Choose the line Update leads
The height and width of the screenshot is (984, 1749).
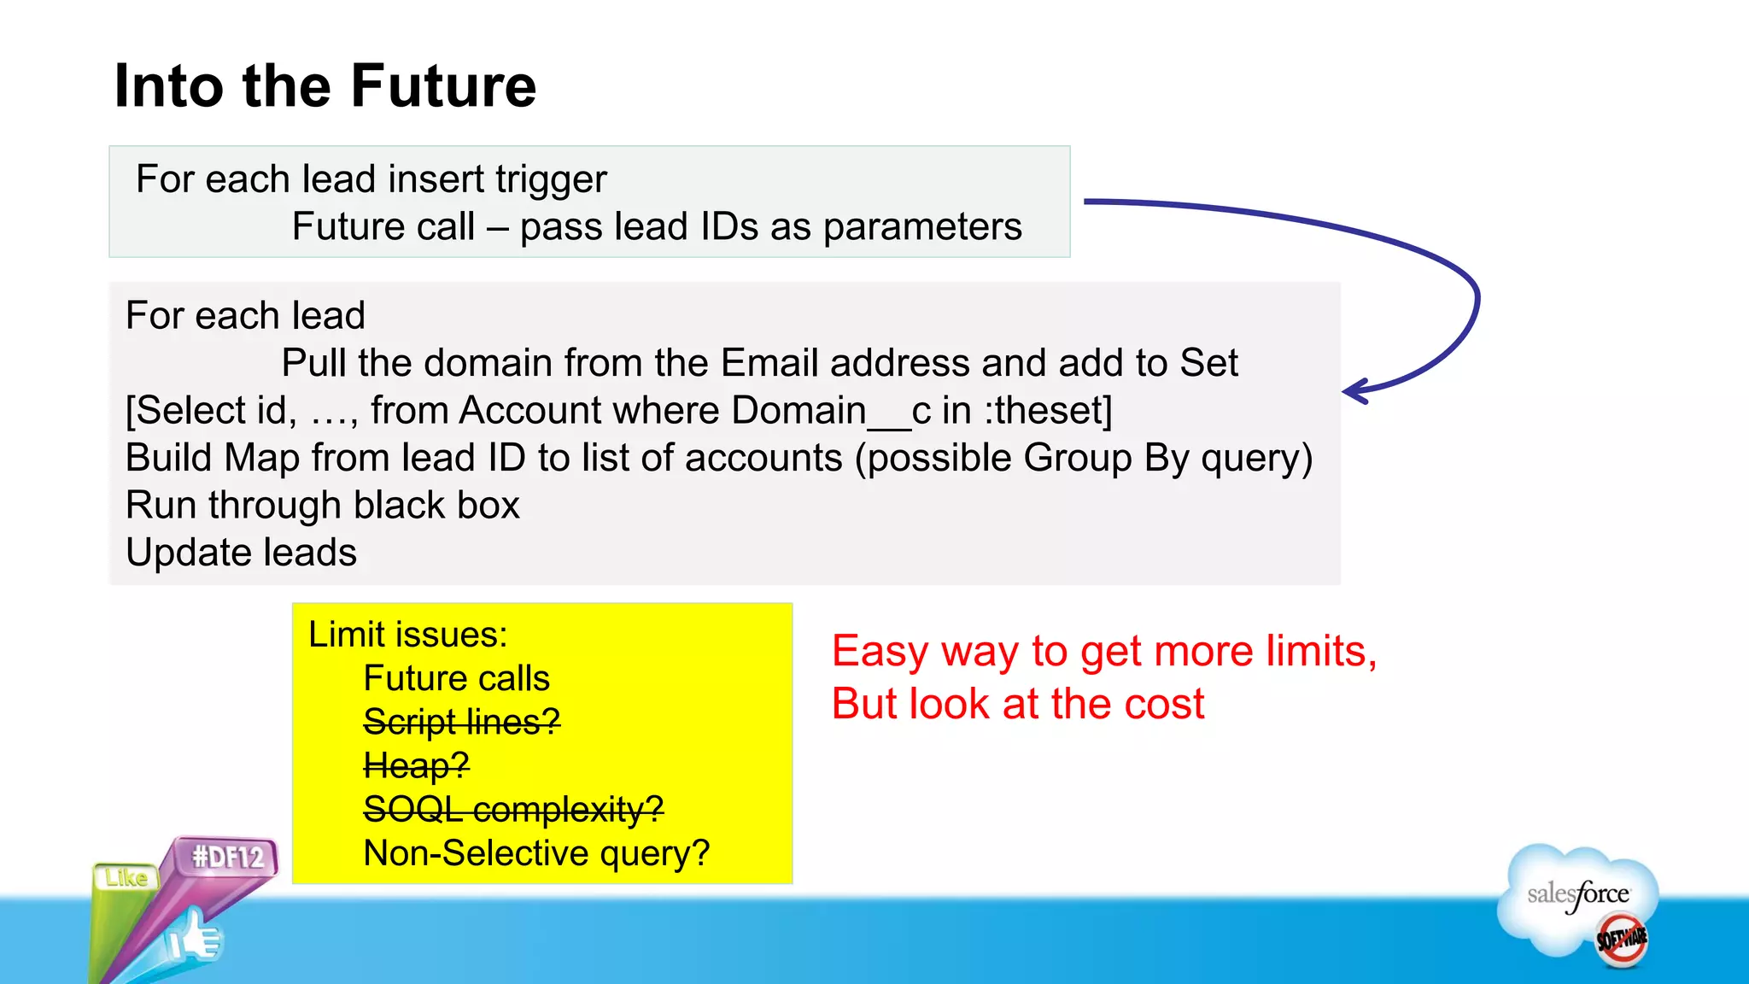pos(241,553)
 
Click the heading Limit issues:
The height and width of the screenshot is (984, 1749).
pos(407,635)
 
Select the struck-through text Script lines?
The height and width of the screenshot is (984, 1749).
pos(461,723)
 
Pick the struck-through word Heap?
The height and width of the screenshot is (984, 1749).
pos(416,765)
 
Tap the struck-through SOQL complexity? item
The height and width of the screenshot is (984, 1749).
pos(512,809)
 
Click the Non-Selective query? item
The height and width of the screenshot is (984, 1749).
pos(536,853)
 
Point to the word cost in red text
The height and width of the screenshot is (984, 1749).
pos(1163,704)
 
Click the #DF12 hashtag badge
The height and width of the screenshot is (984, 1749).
pos(227,857)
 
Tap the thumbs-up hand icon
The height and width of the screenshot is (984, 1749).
pos(195,938)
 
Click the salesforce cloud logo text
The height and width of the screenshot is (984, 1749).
pos(1578,894)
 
